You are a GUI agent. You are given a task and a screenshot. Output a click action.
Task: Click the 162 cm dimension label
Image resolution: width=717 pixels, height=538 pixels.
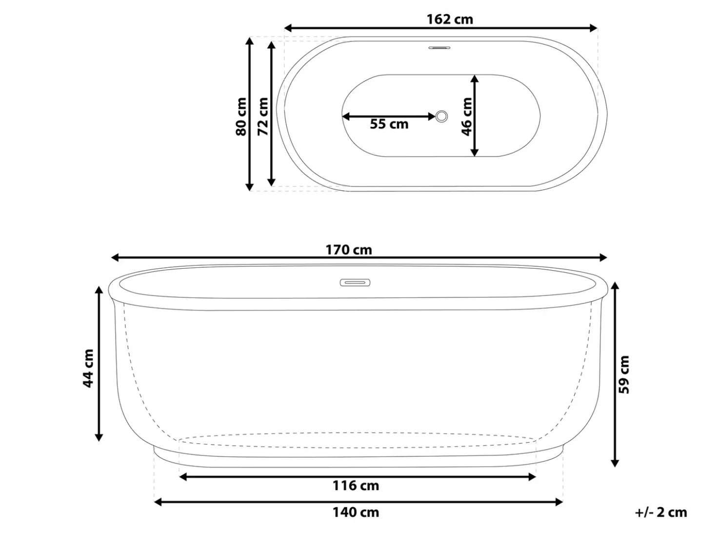click(450, 20)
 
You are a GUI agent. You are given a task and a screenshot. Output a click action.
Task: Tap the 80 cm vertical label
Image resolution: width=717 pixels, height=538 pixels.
click(241, 117)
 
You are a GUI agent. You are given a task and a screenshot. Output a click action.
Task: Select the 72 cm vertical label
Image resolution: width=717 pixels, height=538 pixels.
click(262, 117)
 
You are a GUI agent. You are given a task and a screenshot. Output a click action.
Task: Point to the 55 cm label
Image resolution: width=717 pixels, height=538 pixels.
click(389, 124)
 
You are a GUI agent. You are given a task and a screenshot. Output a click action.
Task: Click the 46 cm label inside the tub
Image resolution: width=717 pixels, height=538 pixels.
click(467, 117)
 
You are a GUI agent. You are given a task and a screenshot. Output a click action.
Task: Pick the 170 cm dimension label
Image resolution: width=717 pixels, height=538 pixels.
click(349, 250)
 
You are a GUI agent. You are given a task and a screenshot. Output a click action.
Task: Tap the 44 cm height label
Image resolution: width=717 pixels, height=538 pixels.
click(88, 368)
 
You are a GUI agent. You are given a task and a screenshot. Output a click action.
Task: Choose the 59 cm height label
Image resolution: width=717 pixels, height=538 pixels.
click(624, 375)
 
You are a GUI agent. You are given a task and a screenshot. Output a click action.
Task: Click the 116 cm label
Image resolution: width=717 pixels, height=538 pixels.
click(356, 486)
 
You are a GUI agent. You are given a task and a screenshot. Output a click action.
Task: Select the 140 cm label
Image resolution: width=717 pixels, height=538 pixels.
click(356, 512)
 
